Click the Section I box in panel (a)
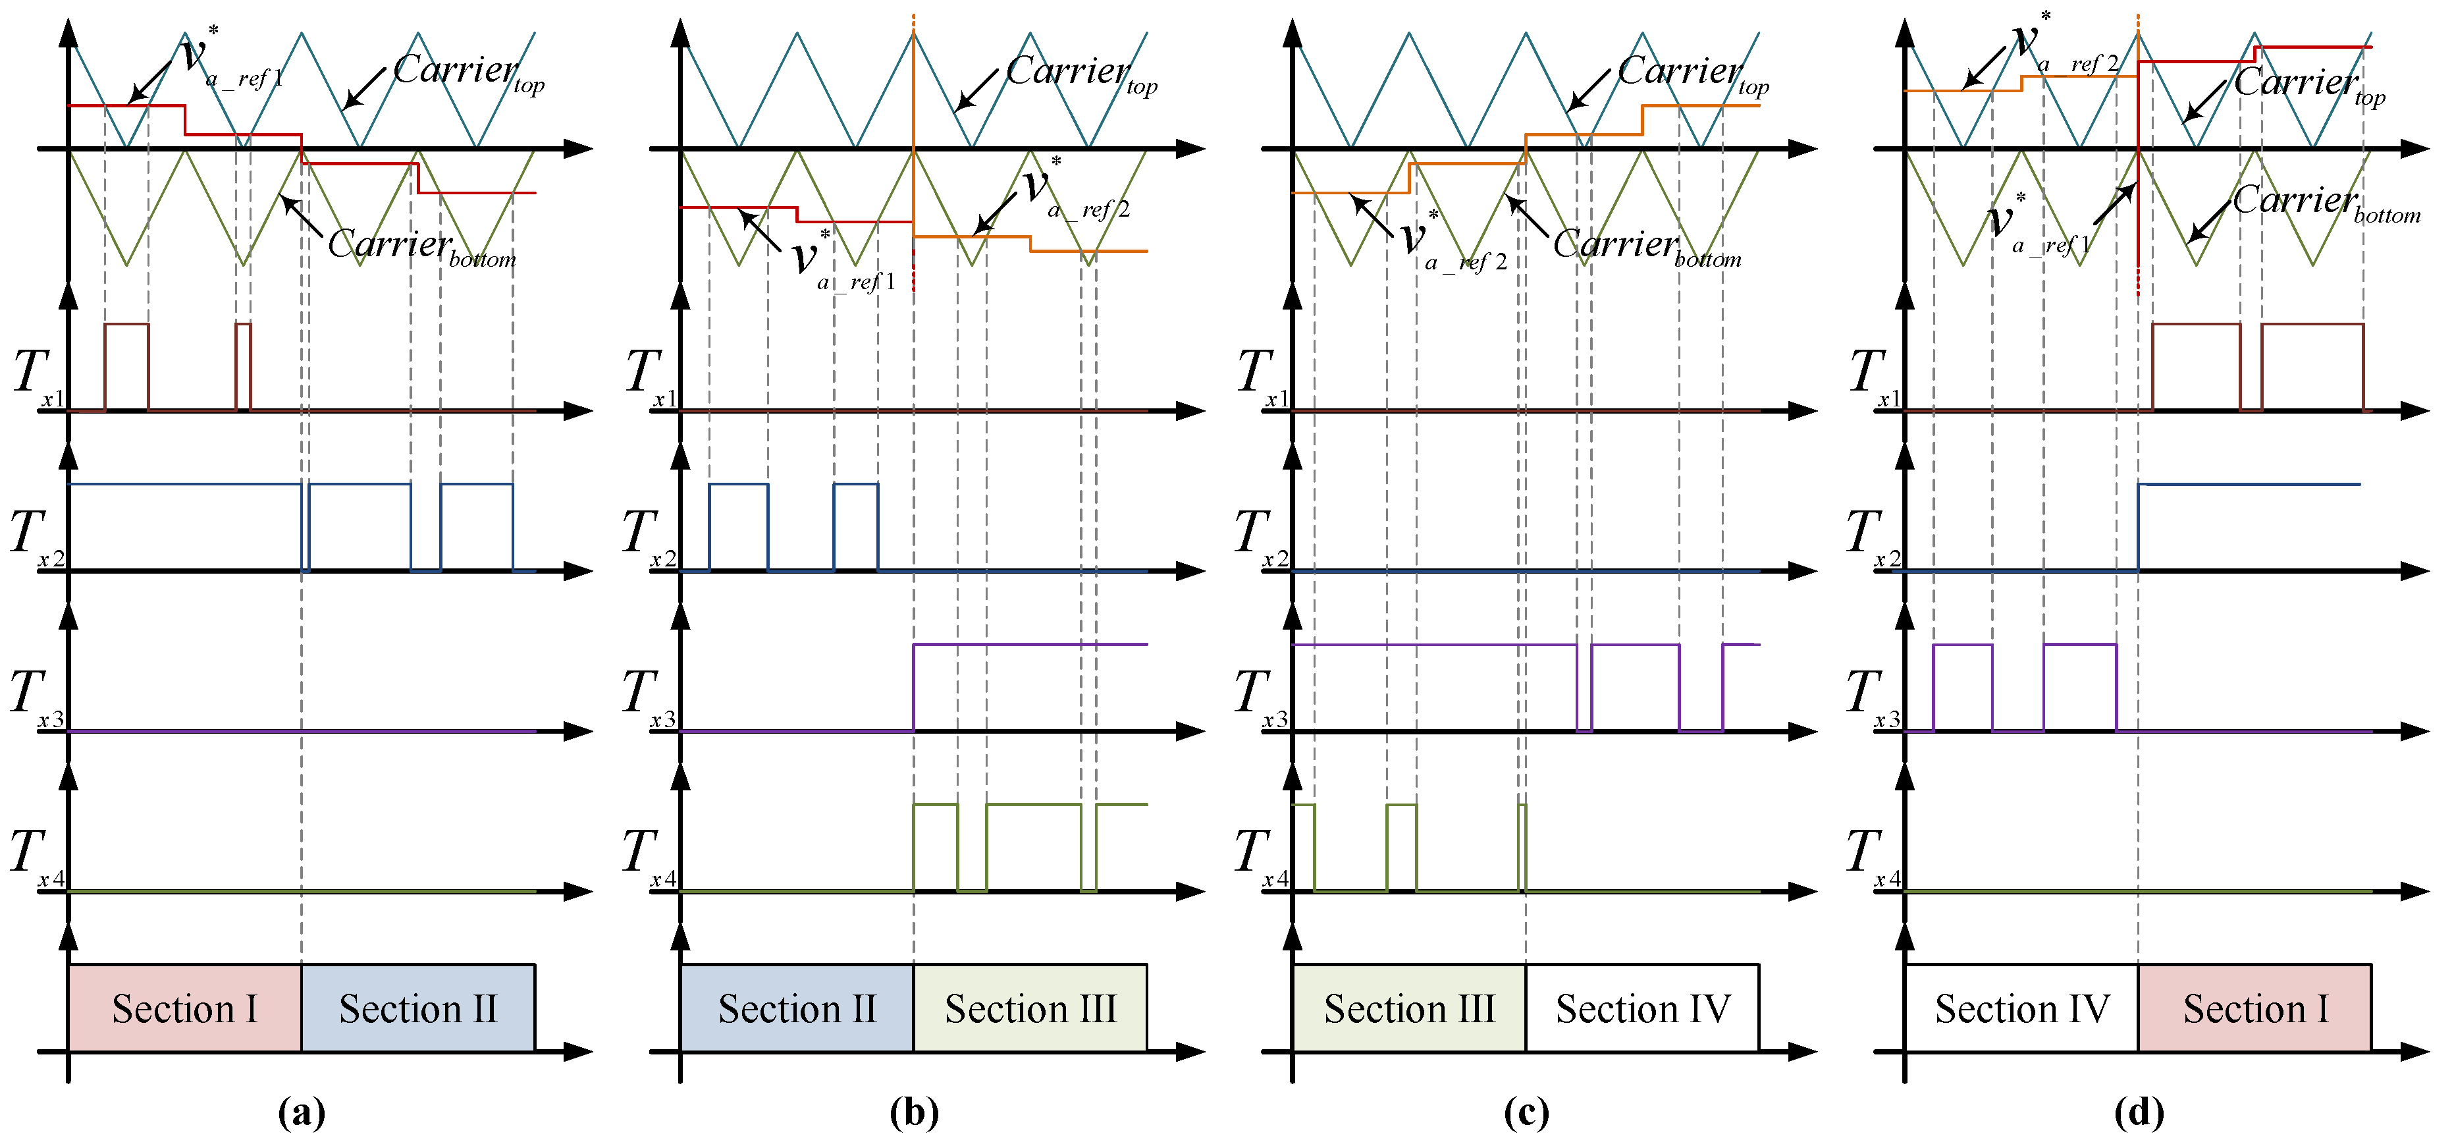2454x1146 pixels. tap(185, 1008)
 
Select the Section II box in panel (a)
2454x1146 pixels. tap(418, 1008)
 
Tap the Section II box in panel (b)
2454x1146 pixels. tap(797, 1008)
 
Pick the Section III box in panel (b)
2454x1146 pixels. tap(1030, 1008)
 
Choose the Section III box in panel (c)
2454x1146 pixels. tap(1409, 1008)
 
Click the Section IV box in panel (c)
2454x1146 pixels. tap(1642, 1008)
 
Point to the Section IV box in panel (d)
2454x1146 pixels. tap(2021, 1008)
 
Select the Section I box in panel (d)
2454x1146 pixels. tap(2255, 1008)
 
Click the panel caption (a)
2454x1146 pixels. tap(301, 1112)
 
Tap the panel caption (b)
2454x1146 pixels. tap(913, 1112)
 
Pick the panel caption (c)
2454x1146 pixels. tap(1526, 1112)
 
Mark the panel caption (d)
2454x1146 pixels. tap(2139, 1112)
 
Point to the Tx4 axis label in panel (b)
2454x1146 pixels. tap(648, 858)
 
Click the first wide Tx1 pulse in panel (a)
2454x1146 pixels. tap(126, 367)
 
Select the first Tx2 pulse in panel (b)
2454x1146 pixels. tap(738, 527)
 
